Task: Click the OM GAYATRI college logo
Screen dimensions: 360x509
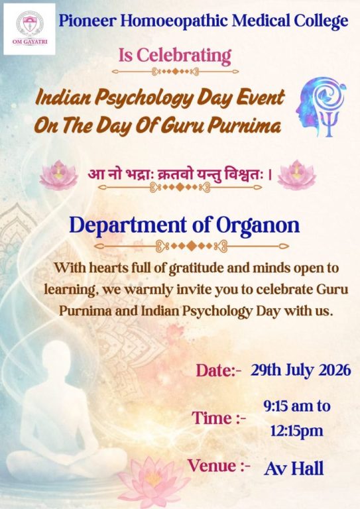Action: pos(29,29)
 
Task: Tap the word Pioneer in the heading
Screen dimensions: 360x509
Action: pos(88,21)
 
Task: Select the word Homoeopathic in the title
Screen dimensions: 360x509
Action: pos(174,22)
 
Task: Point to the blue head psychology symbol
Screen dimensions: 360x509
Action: pos(321,107)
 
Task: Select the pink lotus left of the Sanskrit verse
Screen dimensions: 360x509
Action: pos(59,175)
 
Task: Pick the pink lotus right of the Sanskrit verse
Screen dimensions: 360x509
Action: pos(297,175)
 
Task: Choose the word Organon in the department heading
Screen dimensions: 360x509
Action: pos(258,225)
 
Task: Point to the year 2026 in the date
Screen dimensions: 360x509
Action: pos(335,370)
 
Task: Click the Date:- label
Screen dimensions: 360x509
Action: pos(219,370)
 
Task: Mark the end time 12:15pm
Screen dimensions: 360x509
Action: pos(297,431)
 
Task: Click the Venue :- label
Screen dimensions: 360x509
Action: pos(219,466)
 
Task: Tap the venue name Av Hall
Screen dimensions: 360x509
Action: pos(294,469)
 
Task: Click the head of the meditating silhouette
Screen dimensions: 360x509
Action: pos(56,357)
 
